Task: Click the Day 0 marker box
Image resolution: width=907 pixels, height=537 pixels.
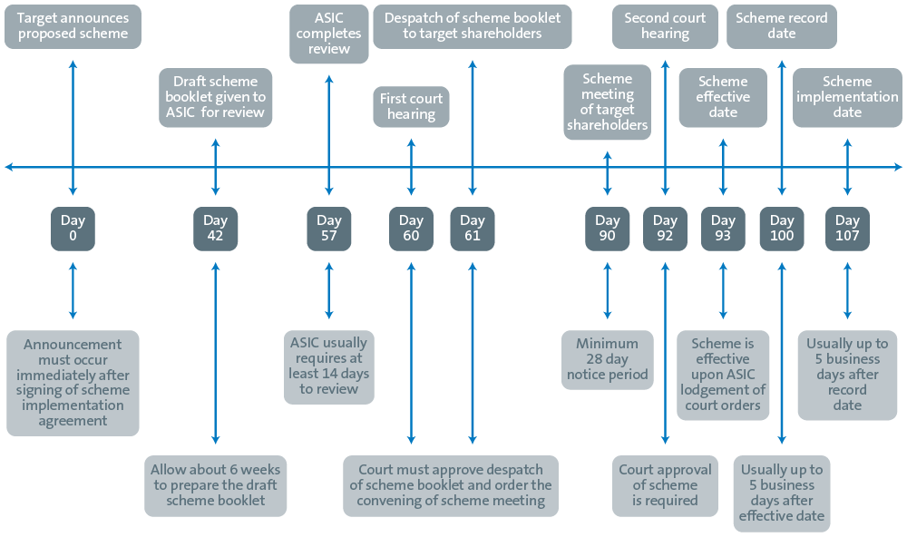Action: (x=73, y=229)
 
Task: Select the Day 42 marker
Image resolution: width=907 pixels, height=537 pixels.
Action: (x=215, y=229)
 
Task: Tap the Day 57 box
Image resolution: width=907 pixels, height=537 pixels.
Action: (x=329, y=229)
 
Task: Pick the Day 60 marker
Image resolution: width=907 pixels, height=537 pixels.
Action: (x=411, y=229)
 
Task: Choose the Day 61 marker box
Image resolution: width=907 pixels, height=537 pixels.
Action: (x=473, y=229)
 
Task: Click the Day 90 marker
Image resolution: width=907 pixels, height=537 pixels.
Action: (x=608, y=229)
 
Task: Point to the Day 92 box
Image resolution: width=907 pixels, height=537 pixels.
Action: (x=665, y=229)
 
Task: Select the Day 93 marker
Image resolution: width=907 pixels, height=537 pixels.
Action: (x=723, y=229)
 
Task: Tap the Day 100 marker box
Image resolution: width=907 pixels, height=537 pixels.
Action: (x=782, y=229)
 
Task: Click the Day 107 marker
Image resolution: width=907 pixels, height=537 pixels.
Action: (x=847, y=229)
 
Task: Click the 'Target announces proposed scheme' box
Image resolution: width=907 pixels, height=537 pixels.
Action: (x=73, y=26)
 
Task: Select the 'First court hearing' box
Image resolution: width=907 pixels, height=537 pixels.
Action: (x=411, y=106)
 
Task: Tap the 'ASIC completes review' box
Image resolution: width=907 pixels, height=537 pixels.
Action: (x=329, y=34)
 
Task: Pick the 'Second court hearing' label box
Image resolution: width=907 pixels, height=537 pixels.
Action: (x=665, y=26)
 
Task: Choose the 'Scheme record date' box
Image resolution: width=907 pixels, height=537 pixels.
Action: (x=782, y=26)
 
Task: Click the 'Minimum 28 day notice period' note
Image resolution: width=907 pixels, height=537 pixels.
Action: (x=608, y=360)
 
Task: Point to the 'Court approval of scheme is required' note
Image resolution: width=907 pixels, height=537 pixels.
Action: (x=665, y=486)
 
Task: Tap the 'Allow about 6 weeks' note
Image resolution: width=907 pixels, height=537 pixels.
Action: (x=215, y=486)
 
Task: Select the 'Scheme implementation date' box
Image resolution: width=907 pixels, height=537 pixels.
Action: (x=847, y=98)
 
